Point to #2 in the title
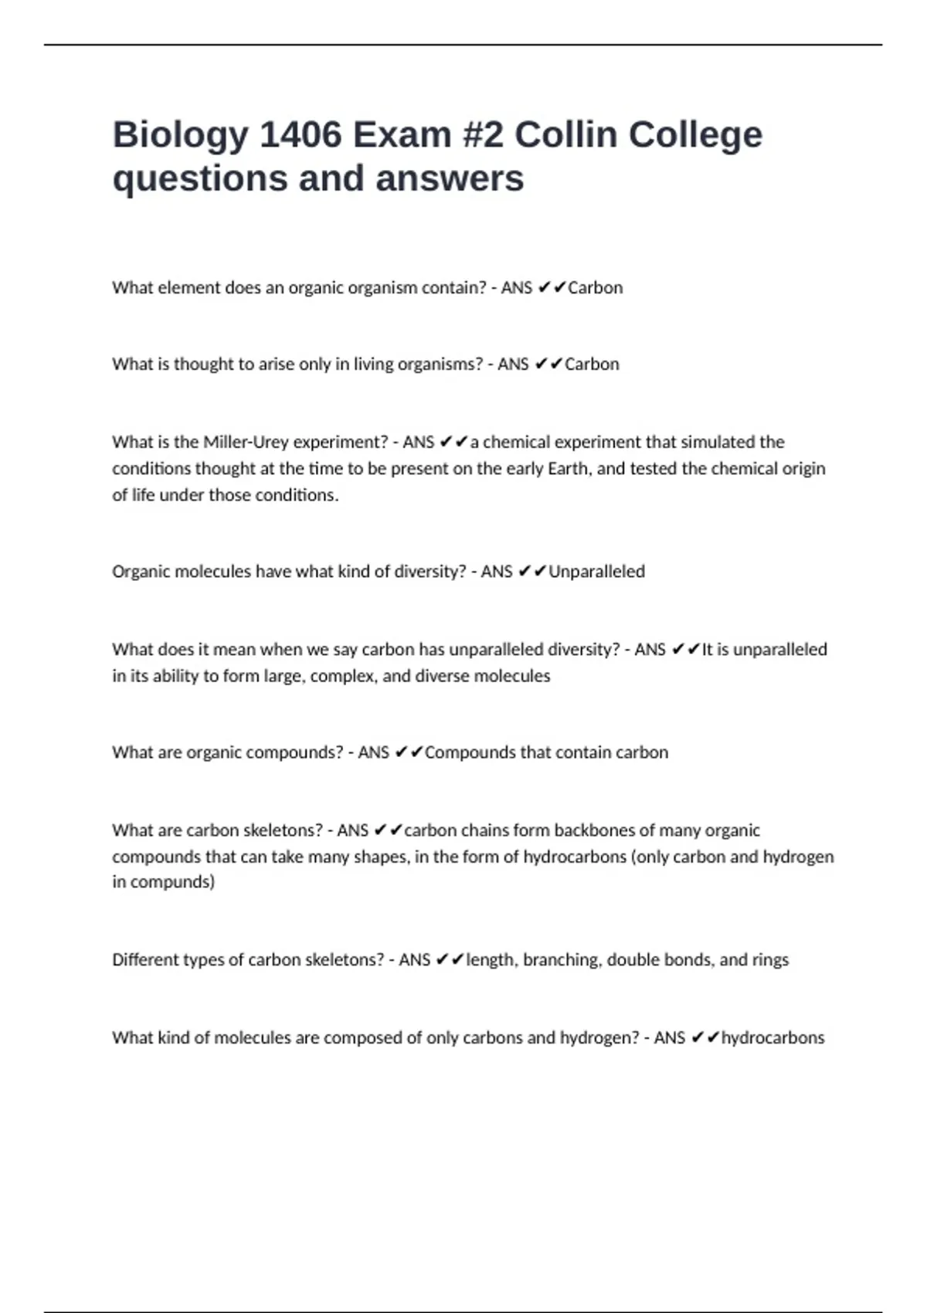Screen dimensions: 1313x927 [483, 135]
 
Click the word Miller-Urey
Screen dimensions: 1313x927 [246, 442]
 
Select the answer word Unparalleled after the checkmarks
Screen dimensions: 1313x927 [596, 572]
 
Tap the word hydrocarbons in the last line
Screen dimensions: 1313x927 [772, 1037]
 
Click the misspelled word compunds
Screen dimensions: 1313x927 [172, 882]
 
